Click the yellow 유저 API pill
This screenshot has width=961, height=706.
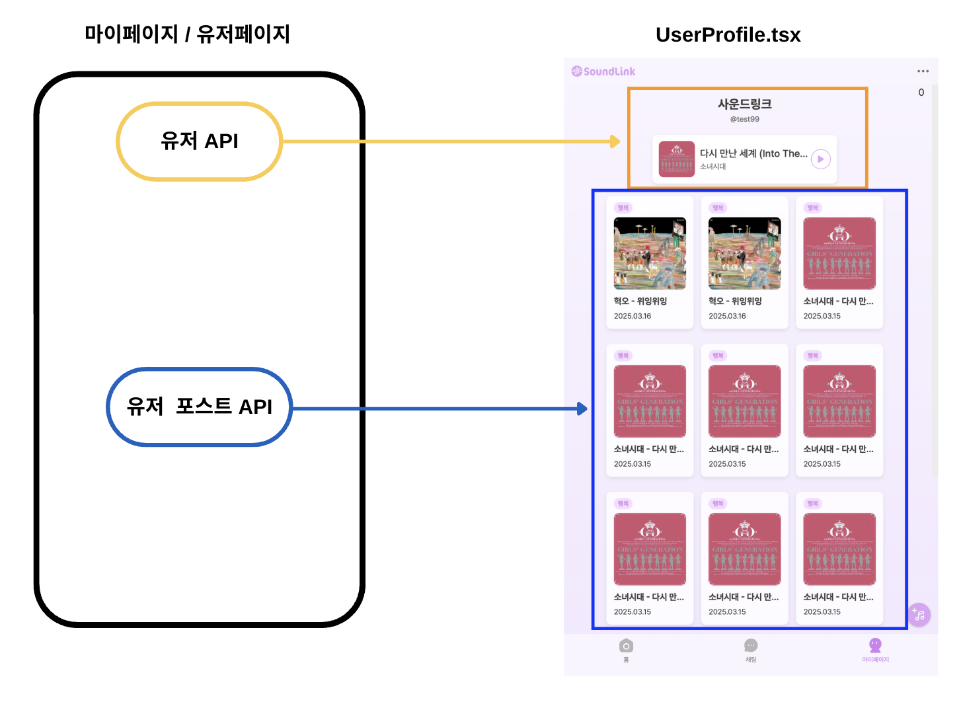[x=199, y=141]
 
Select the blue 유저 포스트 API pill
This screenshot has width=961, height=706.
[x=199, y=407]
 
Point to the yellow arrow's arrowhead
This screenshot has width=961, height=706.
[x=615, y=141]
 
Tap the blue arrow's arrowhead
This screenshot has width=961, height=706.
[x=582, y=409]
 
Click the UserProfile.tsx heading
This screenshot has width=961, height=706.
[x=728, y=35]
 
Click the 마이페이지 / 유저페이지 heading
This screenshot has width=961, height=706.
[x=187, y=34]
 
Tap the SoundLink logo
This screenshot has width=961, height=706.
[x=603, y=71]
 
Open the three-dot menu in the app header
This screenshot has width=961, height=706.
[x=923, y=71]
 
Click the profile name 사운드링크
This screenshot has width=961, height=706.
[x=745, y=104]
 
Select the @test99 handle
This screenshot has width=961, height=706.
[x=745, y=119]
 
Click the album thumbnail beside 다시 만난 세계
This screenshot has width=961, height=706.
[x=676, y=159]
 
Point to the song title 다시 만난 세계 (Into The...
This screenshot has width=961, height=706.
[x=753, y=153]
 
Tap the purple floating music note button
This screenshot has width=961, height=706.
[x=919, y=615]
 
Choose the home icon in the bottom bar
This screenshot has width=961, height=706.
[x=626, y=646]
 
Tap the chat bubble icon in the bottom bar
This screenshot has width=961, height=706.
[x=751, y=646]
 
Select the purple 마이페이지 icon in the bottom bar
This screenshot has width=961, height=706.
[x=875, y=645]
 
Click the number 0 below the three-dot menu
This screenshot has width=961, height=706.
[x=921, y=93]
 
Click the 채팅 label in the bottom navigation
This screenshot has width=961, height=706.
[x=751, y=660]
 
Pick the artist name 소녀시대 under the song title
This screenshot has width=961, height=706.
[x=712, y=167]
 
